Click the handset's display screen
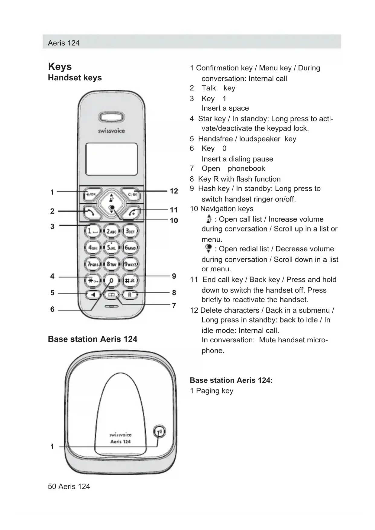coord(112,159)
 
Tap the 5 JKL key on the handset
coord(111,247)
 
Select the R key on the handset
coord(130,294)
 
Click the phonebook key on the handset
coord(112,295)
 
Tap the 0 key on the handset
coord(111,281)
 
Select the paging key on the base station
coord(159,431)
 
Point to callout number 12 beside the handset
coord(174,191)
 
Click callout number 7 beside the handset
coord(174,305)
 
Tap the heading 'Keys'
coord(60,66)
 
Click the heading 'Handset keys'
coord(75,78)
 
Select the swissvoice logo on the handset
coord(111,131)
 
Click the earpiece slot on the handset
coord(111,117)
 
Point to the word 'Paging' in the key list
coord(208,391)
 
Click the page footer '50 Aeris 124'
coord(69,486)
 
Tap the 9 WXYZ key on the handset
coord(130,264)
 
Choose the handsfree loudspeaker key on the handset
coord(93,294)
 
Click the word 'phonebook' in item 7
coord(246,168)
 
